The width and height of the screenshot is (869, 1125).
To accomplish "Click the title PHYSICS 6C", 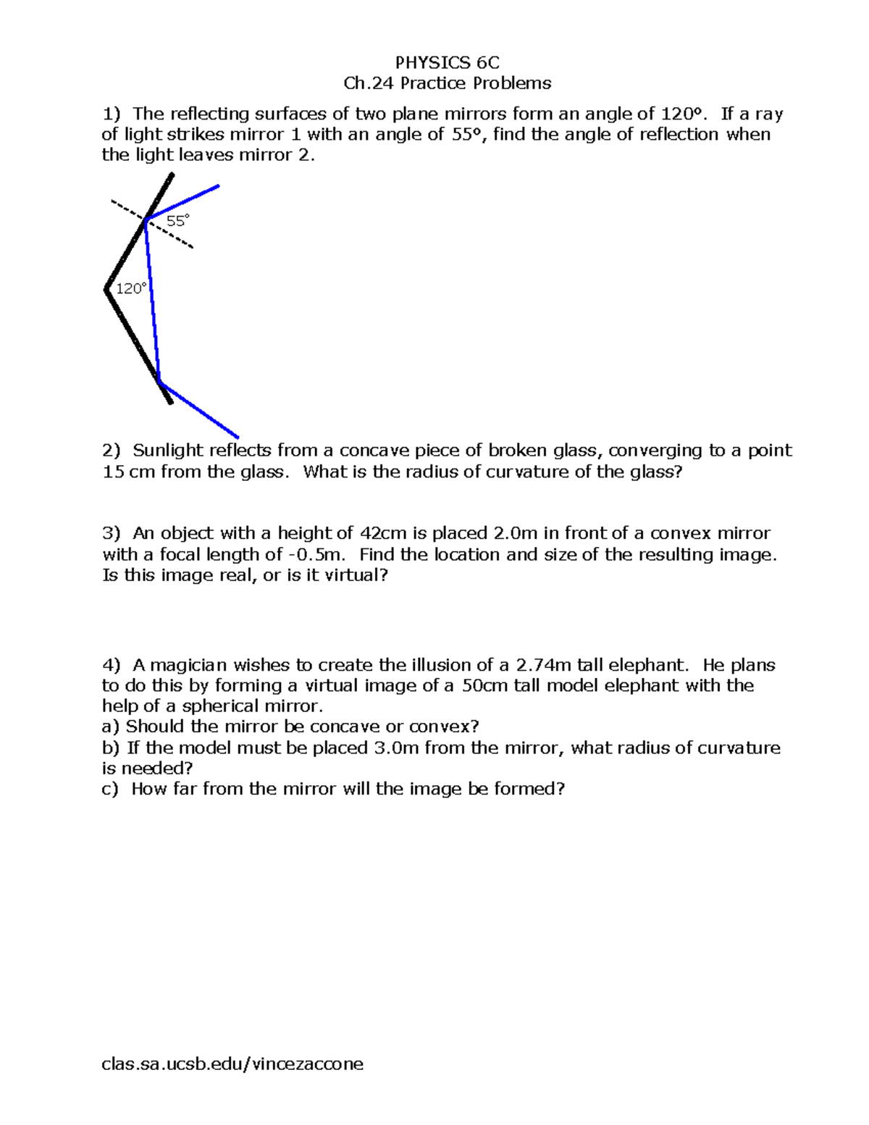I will tap(447, 62).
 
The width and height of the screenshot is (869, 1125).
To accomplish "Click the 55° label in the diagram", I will tap(177, 221).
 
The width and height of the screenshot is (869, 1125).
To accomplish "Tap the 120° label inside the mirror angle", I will tap(132, 289).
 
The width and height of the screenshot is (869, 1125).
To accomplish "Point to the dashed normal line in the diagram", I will tap(174, 238).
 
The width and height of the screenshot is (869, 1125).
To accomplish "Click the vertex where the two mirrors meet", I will tap(107, 290).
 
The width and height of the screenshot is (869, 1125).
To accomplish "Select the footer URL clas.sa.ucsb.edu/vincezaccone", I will tap(232, 1063).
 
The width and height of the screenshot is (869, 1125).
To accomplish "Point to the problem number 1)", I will tap(112, 114).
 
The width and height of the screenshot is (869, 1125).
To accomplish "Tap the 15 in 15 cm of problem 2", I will tap(112, 472).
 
